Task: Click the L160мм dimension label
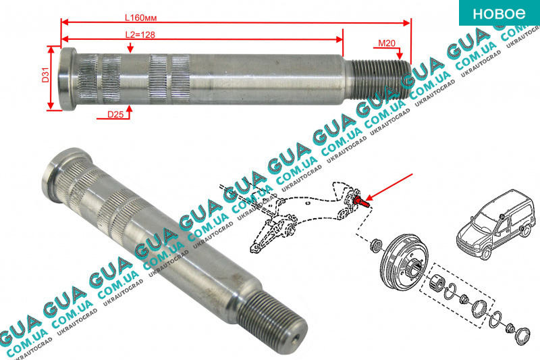pos(140,18)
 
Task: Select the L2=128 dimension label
pos(140,34)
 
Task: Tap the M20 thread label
pos(387,43)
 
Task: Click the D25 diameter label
pos(115,114)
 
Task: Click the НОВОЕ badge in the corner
pos(500,13)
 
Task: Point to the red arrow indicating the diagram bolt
pos(389,187)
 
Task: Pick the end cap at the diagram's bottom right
pos(522,336)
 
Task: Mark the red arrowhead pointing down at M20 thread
pos(400,55)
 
